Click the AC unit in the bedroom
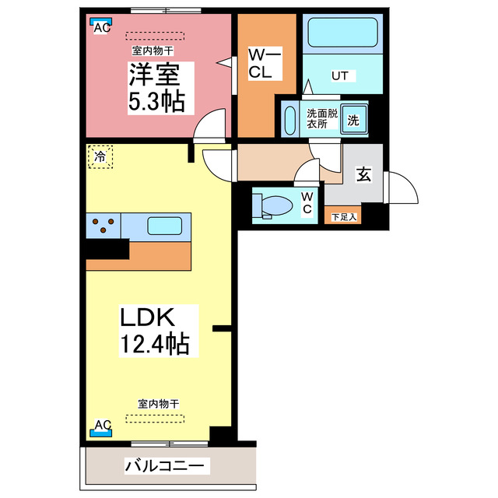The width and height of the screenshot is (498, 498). [100, 26]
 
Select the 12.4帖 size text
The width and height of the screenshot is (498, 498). [155, 343]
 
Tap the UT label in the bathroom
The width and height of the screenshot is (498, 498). [340, 75]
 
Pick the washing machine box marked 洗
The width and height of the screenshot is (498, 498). [352, 121]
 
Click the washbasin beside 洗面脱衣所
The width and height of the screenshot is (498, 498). [289, 121]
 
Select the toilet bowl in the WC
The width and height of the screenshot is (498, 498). [272, 205]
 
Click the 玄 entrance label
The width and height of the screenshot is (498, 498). [363, 174]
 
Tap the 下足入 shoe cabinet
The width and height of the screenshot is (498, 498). [343, 216]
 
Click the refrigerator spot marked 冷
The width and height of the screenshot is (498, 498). [100, 156]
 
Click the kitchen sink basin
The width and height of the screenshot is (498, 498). [165, 226]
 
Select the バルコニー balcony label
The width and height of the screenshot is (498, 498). [165, 466]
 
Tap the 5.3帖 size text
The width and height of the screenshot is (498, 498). [156, 102]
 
